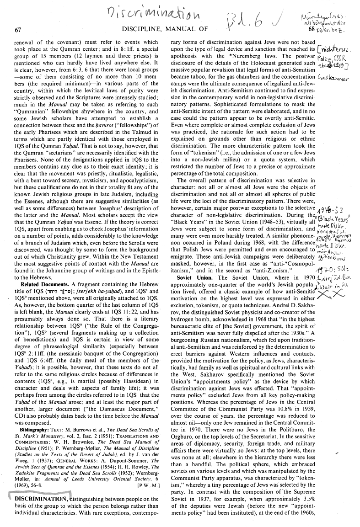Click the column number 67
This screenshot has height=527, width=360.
pyautogui.click(x=18, y=30)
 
